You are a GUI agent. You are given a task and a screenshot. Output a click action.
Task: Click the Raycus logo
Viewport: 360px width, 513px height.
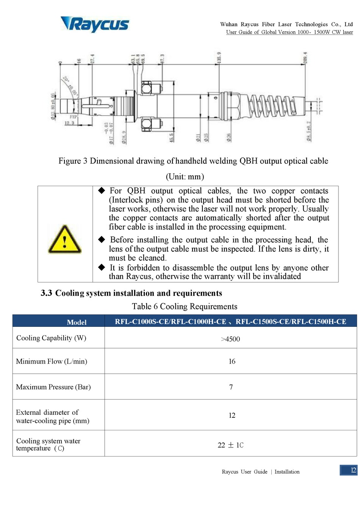pos(95,24)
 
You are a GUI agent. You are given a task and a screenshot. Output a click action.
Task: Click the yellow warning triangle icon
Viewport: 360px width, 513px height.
pos(64,239)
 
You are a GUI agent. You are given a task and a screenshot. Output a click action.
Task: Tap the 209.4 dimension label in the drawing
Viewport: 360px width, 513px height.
pos(305,57)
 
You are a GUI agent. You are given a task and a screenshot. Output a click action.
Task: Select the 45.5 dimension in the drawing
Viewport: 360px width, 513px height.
pos(171,137)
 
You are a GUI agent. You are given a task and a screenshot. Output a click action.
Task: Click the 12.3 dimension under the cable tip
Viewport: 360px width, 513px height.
pos(69,123)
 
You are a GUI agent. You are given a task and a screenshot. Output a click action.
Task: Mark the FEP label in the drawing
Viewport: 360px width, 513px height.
pos(73,117)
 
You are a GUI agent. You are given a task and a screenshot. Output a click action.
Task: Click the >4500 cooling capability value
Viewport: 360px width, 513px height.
pos(230,339)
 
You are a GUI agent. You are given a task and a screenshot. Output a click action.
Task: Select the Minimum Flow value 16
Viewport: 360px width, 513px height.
pos(232,361)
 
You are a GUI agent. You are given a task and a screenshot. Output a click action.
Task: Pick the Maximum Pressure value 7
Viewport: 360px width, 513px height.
pos(231,387)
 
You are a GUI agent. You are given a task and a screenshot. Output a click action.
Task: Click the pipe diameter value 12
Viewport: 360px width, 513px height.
pos(232,416)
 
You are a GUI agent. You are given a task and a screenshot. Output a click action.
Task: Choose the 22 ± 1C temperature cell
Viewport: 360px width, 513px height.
pos(230,445)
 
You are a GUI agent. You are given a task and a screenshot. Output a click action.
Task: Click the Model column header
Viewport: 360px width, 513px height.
pos(77,322)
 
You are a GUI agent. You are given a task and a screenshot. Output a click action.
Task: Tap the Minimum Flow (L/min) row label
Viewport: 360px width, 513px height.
pos(52,361)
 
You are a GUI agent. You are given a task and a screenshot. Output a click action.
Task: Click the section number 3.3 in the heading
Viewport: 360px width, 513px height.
pos(46,293)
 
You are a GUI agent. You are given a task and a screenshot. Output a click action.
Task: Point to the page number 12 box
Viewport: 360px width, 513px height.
pos(349,470)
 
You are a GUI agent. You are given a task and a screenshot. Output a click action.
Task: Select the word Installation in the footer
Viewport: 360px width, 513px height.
pos(287,472)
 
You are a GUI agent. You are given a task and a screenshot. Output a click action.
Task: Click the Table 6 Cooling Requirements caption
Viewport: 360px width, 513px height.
pos(185,306)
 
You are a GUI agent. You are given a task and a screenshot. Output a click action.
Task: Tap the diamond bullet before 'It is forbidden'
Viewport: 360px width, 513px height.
pos(102,267)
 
